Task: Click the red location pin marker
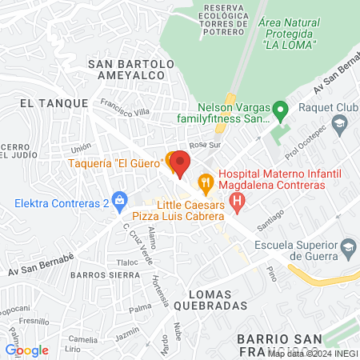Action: coord(180,163)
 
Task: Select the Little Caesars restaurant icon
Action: coord(206,183)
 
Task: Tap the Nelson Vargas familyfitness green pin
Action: coord(279,108)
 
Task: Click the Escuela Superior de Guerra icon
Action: coord(347,250)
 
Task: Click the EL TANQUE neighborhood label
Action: coord(47,103)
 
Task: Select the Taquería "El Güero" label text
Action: coord(126,164)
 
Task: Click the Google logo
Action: coord(26,350)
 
